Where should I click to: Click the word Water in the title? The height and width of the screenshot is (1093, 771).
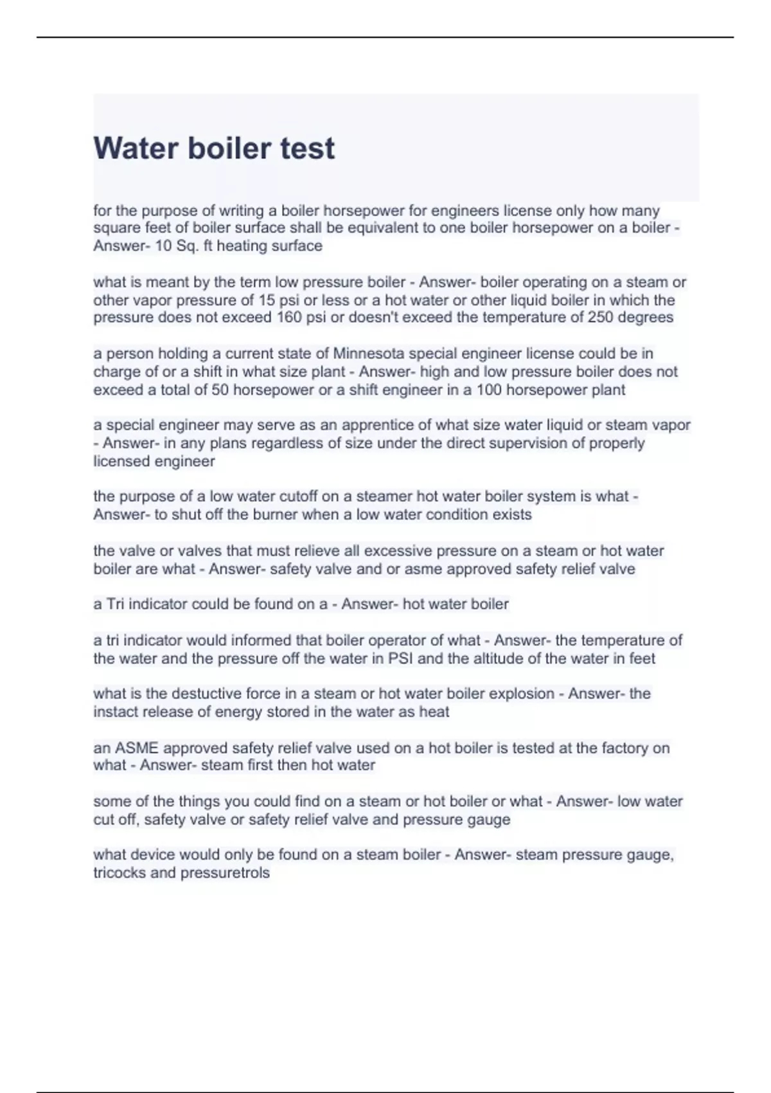coord(136,149)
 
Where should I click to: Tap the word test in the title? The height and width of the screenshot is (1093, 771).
coord(307,149)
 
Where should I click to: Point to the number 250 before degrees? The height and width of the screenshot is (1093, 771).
coord(600,318)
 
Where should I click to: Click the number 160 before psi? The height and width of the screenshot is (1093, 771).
coord(289,318)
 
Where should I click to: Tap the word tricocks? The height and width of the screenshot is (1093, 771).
coord(120,873)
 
